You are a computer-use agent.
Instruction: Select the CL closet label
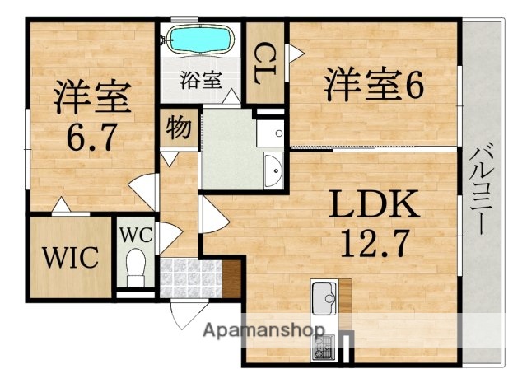point(265,61)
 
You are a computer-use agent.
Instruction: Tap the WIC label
point(72,255)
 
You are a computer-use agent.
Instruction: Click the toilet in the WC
point(135,267)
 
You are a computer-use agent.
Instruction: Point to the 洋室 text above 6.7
point(91,97)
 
